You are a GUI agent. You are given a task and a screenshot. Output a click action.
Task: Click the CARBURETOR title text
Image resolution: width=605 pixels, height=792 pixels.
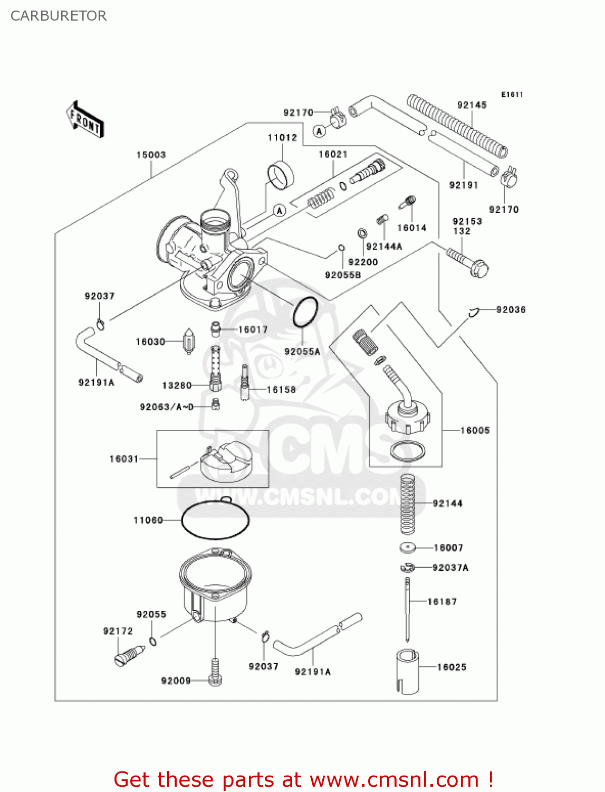point(59,16)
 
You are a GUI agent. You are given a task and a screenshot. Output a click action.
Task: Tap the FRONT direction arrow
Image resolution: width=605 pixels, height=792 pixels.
point(85,120)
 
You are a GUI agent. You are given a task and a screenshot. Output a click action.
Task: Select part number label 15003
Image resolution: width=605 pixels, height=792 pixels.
point(151,155)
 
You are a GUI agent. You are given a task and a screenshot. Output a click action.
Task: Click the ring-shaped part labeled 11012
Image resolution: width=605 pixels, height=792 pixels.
point(280,175)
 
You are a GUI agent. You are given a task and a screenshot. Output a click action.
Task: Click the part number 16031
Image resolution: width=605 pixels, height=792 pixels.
point(124,459)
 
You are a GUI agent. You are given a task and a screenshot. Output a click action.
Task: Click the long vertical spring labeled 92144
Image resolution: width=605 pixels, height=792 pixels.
point(407,504)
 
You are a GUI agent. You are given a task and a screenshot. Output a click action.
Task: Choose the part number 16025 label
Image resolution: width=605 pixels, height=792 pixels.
point(452,667)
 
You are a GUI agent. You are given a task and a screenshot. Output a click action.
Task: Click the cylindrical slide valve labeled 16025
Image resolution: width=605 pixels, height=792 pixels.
point(407,671)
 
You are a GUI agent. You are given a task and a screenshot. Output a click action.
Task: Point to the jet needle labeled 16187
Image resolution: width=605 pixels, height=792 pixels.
point(407,607)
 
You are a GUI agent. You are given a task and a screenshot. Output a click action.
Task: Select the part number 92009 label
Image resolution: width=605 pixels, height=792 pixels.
point(176,681)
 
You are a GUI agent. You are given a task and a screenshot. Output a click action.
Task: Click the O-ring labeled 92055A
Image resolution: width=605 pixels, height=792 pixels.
point(305,312)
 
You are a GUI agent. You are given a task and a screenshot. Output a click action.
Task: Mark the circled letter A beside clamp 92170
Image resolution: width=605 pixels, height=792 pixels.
point(319,131)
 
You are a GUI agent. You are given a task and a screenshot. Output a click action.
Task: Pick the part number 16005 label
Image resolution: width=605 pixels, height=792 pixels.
point(475,430)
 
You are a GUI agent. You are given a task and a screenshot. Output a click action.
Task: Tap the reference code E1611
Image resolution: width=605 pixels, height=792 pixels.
point(512,95)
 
